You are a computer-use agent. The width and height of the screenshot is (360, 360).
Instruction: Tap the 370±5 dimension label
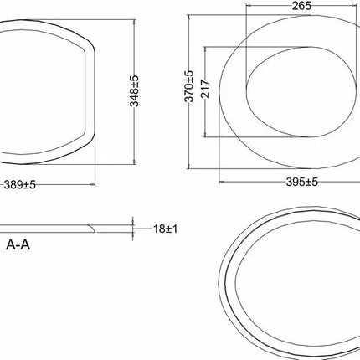[190, 87]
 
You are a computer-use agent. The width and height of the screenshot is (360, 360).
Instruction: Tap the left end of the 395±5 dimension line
[219, 179]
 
